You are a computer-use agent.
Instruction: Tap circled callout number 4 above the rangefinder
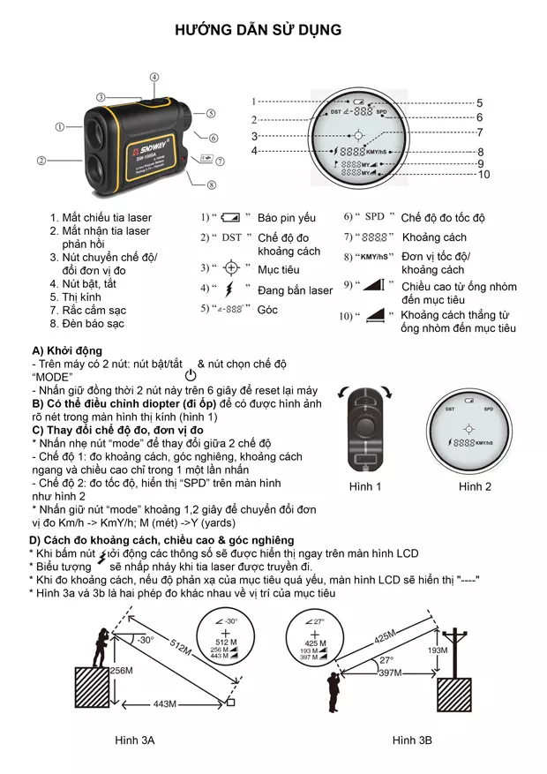(x=154, y=78)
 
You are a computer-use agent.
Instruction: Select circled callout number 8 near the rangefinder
(x=212, y=184)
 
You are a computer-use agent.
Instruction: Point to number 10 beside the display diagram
(x=483, y=175)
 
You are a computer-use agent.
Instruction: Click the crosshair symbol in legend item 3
(x=231, y=267)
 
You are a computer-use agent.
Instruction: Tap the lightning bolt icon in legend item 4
(x=231, y=289)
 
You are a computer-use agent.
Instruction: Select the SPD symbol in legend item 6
(x=375, y=216)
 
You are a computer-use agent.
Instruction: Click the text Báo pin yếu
(x=287, y=217)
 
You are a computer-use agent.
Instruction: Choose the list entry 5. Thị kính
(x=75, y=297)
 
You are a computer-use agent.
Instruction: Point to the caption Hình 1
(x=364, y=487)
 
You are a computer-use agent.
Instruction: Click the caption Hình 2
(x=475, y=487)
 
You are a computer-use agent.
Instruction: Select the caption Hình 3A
(x=135, y=740)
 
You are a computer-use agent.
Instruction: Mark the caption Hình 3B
(x=412, y=740)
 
